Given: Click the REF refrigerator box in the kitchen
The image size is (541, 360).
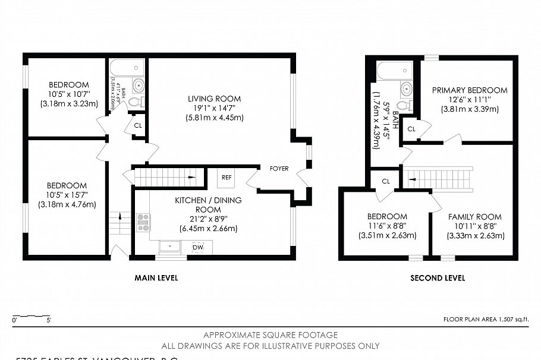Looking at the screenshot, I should (227, 177).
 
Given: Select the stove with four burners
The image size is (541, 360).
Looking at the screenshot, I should (143, 222).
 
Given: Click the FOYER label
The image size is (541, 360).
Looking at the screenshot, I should (279, 169).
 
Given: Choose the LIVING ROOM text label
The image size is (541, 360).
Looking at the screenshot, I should (214, 99).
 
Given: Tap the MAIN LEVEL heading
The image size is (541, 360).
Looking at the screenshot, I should (156, 278).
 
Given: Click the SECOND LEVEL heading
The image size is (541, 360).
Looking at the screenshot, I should (438, 278).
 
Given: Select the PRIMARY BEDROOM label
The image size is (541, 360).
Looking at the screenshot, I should (470, 90).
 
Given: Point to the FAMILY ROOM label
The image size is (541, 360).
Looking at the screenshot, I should (474, 217).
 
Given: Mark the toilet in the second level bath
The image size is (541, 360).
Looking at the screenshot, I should (405, 105).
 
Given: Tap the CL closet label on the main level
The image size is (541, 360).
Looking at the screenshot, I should (138, 125).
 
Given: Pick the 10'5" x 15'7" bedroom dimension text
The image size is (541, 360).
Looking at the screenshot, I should (67, 195).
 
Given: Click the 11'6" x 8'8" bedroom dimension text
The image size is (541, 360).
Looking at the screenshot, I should (387, 226).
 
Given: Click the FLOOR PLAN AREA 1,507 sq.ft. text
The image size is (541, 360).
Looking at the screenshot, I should (486, 320).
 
